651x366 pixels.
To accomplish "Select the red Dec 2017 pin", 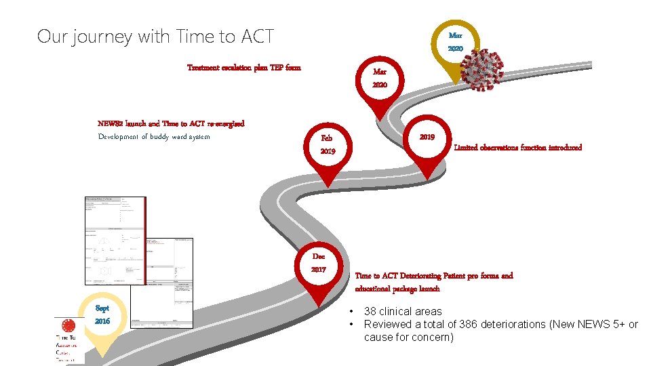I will pos(319,264).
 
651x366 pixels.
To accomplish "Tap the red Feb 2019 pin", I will pos(328,144).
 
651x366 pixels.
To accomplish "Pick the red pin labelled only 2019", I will pos(427,138).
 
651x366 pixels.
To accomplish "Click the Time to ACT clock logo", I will pos(69,326).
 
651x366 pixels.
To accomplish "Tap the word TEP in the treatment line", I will pos(277,67).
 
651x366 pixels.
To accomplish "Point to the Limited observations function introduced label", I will pos(517,147).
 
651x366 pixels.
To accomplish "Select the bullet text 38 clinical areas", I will pos(403,311).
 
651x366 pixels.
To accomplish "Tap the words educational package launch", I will pos(397,288).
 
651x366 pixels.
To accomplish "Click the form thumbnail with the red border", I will pos(115,240).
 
